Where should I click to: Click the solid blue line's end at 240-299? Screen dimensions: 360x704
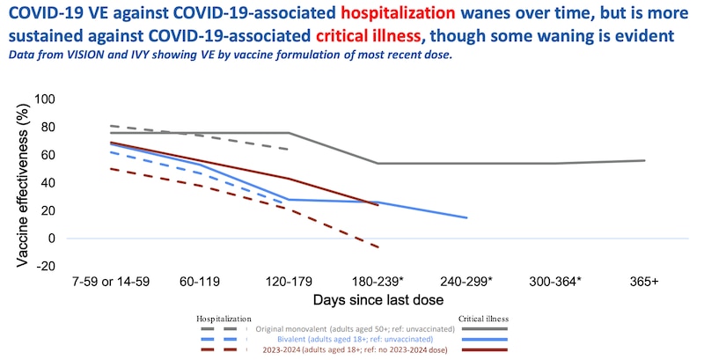point(467,217)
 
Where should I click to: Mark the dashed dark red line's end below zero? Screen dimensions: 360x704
point(378,247)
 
